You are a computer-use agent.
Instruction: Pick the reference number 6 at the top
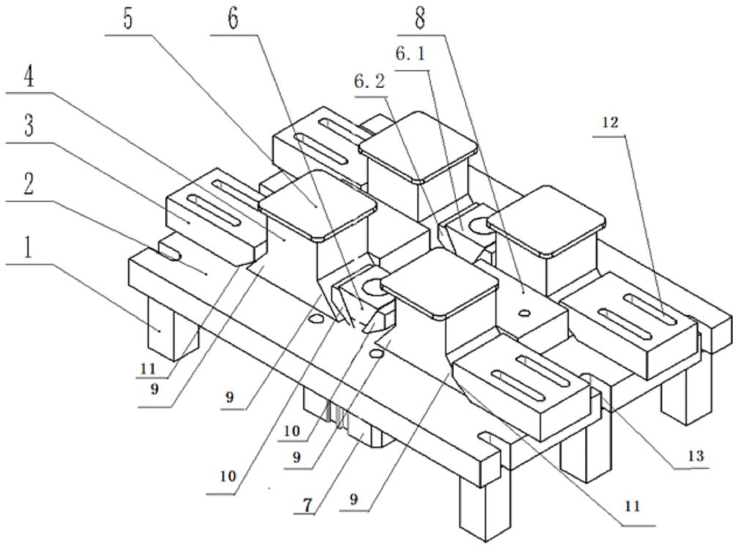pos(233,18)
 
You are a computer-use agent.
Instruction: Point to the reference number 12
pos(610,122)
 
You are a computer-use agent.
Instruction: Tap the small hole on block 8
pos(523,313)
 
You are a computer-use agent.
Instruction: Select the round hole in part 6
pos(367,287)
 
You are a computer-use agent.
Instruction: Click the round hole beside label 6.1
pos(476,224)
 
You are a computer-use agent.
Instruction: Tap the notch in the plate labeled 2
pos(170,254)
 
